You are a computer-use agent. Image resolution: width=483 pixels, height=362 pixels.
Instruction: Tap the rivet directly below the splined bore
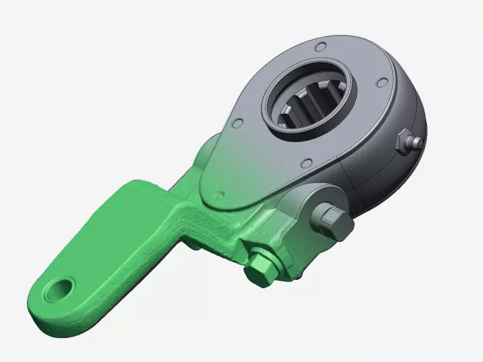point(306,163)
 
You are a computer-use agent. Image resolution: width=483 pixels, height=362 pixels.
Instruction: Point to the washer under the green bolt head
point(269,257)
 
